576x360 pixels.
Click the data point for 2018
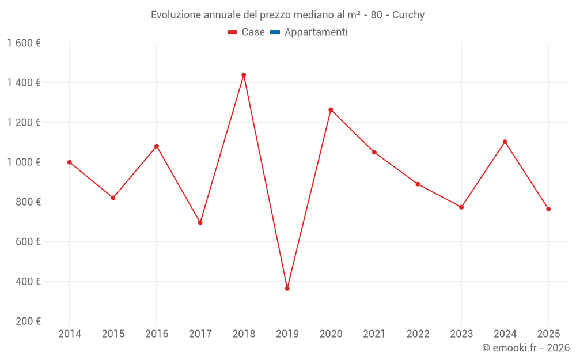244,75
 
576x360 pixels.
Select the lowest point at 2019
287,289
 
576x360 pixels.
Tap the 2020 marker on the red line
331,110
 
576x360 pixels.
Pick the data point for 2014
70,162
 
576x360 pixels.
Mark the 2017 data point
200,223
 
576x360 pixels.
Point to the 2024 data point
505,142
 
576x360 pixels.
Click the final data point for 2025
548,209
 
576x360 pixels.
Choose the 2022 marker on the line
418,184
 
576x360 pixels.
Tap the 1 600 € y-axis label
24,43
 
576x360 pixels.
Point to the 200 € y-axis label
28,321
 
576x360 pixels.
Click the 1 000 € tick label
24,162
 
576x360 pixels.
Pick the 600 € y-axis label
28,242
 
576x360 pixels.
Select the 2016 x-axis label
157,334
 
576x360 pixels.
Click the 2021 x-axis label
374,334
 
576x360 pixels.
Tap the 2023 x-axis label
461,334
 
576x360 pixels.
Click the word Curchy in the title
408,15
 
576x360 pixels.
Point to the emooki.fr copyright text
526,348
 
